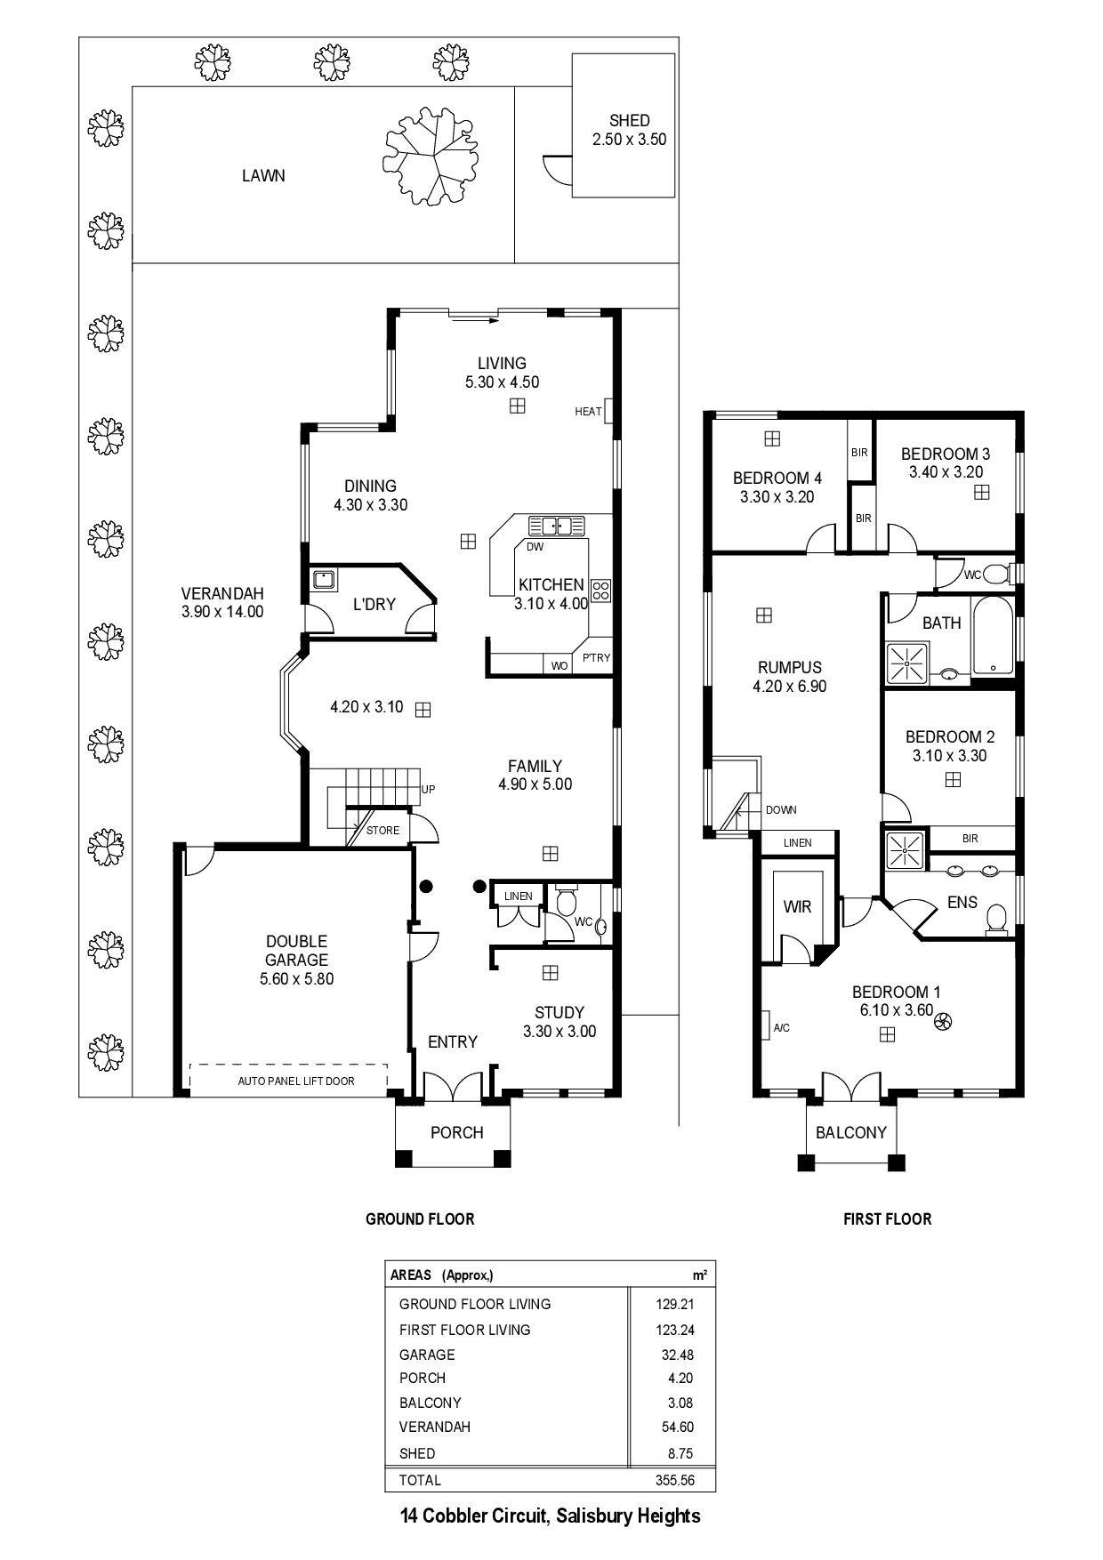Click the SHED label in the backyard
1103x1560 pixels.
(629, 120)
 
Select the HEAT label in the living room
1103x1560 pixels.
(588, 412)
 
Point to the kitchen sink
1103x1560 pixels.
(557, 525)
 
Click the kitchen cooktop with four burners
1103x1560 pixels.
(601, 589)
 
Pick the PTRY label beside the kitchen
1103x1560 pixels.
(596, 658)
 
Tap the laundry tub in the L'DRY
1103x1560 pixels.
(325, 581)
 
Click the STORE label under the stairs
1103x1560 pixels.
(382, 831)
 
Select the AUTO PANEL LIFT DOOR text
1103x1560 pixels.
(296, 1082)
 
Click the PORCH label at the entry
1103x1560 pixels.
(456, 1132)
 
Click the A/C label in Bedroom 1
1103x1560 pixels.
(781, 1028)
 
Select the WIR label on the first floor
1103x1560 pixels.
(797, 907)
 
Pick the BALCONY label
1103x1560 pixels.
(851, 1132)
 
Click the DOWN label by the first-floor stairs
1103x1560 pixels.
(781, 810)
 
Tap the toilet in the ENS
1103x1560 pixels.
(996, 919)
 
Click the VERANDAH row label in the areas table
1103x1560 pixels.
(435, 1427)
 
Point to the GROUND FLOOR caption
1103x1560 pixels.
(420, 1218)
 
